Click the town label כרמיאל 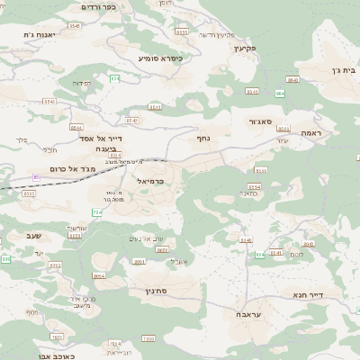(x=150, y=181)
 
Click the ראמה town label (x=312, y=132)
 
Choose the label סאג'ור (x=259, y=121)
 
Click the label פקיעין (x=244, y=48)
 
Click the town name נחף (x=203, y=139)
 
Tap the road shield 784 (x=97, y=212)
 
